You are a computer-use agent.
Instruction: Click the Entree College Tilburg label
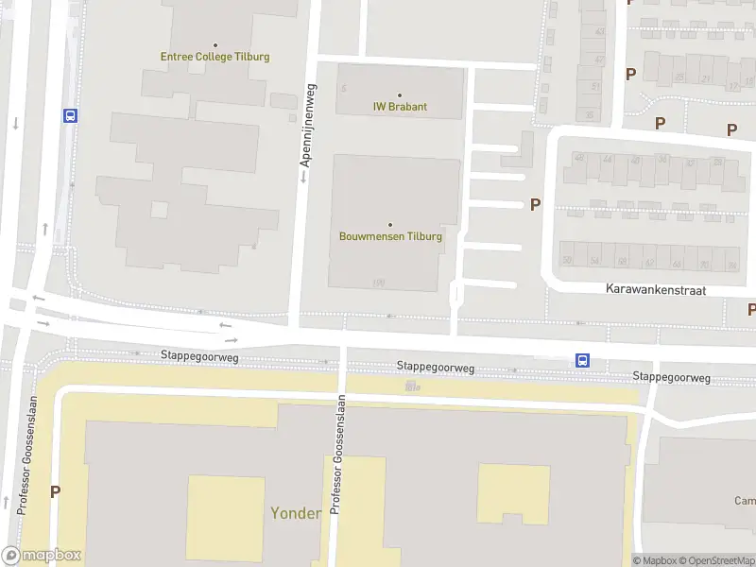tap(215, 57)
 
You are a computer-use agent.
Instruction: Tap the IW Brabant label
tap(400, 107)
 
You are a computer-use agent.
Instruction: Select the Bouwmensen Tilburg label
tap(390, 236)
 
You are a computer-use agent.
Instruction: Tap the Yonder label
tap(296, 513)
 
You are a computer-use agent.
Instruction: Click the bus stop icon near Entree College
tap(70, 115)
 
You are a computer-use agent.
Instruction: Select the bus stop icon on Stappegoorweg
tap(583, 360)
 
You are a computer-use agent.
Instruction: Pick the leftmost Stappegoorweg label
tap(199, 357)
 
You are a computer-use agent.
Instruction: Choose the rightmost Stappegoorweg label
tap(671, 377)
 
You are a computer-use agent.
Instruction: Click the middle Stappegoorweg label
tap(436, 367)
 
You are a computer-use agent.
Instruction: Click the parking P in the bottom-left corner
tap(55, 490)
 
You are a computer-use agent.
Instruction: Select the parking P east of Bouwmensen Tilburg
tap(535, 204)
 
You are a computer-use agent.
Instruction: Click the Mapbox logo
tap(42, 556)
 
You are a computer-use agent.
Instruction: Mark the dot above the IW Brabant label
tap(400, 94)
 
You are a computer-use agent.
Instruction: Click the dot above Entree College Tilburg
tap(215, 44)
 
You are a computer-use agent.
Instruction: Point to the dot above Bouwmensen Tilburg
tap(390, 224)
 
